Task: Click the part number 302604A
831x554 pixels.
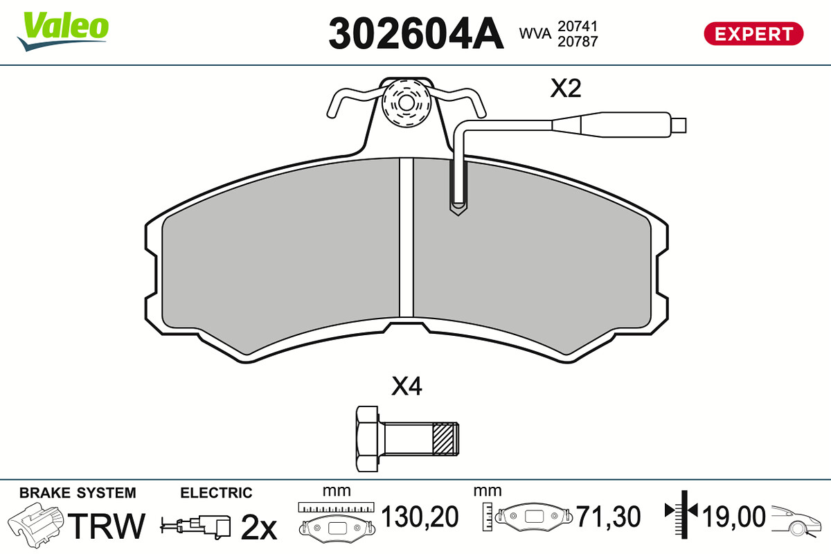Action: (x=416, y=33)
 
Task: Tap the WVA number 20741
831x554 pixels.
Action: (x=578, y=26)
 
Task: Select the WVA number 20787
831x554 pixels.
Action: (x=578, y=42)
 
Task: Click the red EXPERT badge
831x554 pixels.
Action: (x=753, y=34)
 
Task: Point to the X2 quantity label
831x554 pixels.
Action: (x=565, y=89)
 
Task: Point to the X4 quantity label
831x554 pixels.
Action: (x=406, y=386)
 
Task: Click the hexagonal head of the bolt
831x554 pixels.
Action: (x=367, y=439)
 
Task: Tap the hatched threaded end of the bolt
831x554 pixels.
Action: (x=445, y=439)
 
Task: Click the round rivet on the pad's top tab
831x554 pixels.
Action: (x=406, y=102)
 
